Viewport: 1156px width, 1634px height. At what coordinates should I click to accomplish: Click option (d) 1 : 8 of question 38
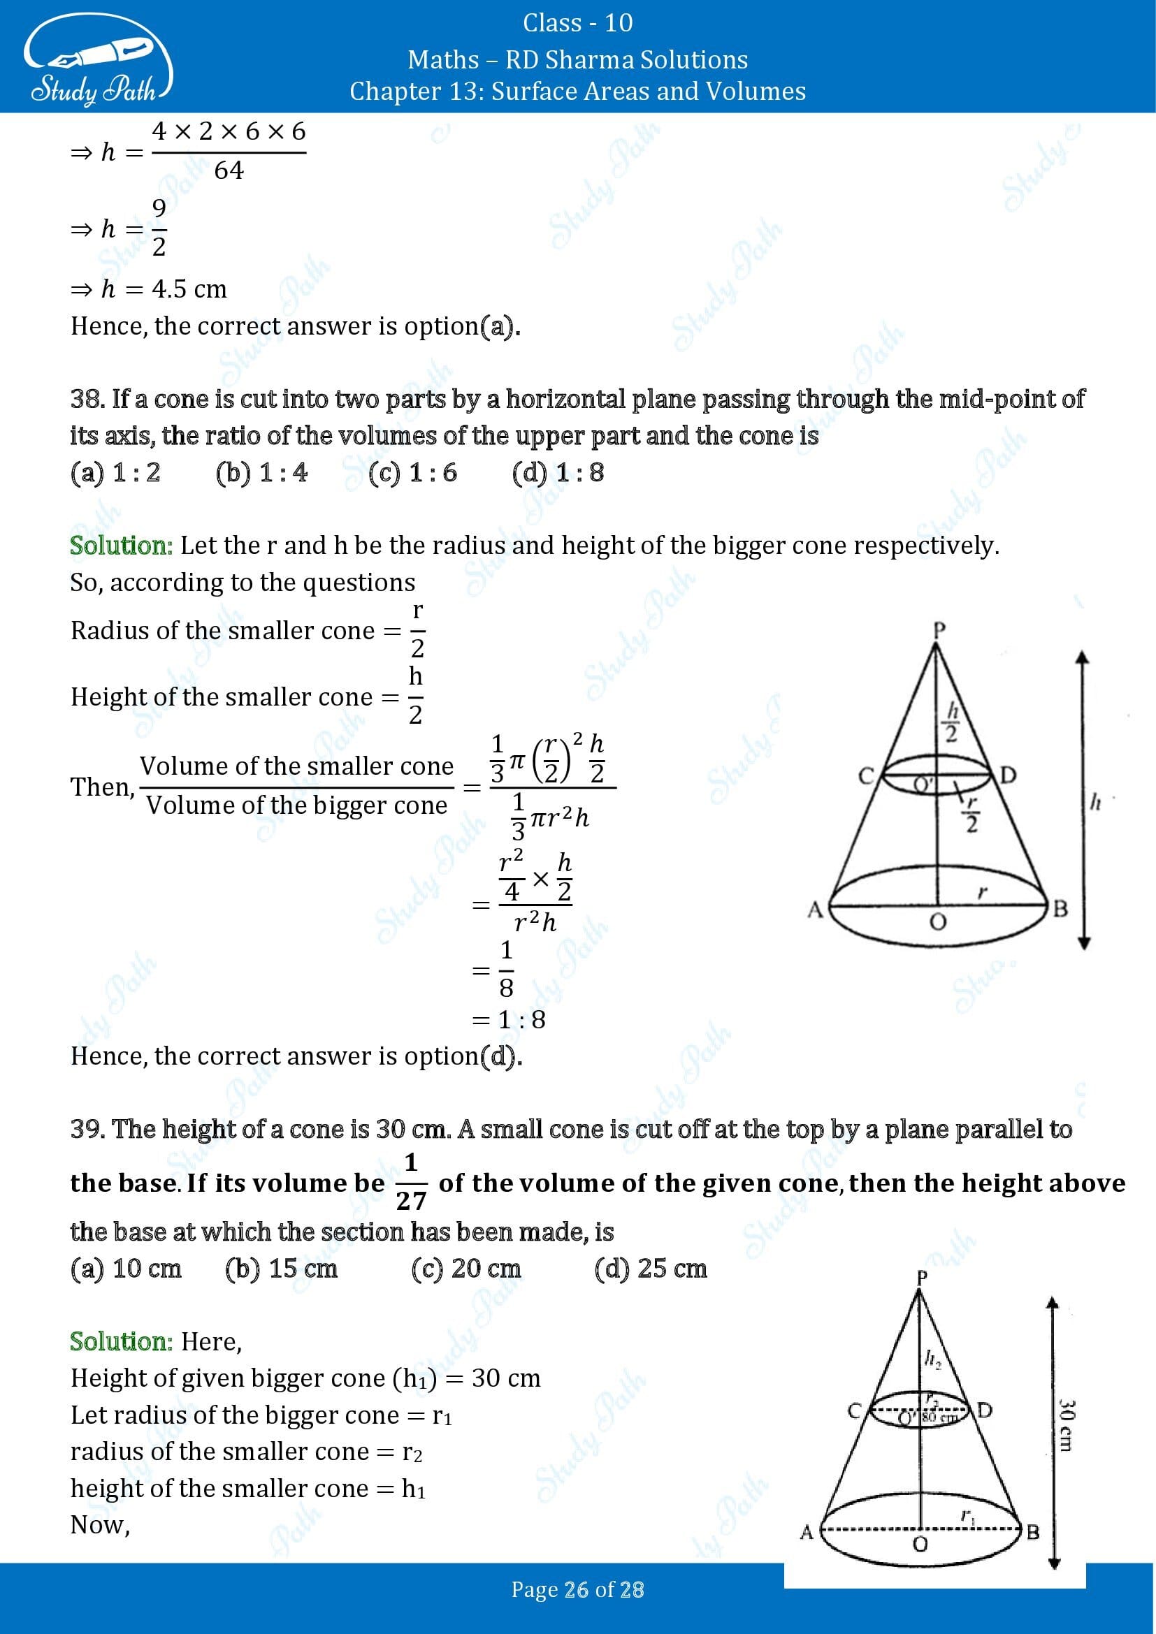click(557, 472)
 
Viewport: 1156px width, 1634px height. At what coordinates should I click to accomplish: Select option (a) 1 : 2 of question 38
click(115, 472)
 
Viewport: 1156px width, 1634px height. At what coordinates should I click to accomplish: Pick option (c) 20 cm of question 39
click(465, 1267)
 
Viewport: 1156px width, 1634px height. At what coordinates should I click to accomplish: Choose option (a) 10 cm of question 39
click(125, 1267)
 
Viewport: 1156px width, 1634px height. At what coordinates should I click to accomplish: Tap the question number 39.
click(86, 1129)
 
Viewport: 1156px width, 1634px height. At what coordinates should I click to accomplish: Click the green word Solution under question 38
click(121, 546)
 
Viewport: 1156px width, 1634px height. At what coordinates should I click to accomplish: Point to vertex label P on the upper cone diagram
click(938, 630)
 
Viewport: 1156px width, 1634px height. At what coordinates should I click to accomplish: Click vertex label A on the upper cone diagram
click(815, 909)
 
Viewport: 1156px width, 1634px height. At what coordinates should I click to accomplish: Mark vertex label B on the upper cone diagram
click(1060, 909)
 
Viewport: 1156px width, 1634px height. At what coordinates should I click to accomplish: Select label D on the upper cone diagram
click(1008, 775)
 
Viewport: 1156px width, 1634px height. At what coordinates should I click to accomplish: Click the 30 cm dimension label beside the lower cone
click(1066, 1426)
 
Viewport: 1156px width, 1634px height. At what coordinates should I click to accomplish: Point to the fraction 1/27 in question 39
click(411, 1182)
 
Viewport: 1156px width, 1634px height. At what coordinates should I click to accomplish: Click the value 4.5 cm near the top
click(189, 289)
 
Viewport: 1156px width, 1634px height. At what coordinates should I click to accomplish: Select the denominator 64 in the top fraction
click(229, 170)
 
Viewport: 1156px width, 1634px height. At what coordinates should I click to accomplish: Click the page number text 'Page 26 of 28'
click(577, 1590)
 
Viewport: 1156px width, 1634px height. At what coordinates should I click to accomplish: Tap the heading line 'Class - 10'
click(577, 23)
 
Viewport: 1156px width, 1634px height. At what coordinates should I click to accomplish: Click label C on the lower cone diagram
click(854, 1410)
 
